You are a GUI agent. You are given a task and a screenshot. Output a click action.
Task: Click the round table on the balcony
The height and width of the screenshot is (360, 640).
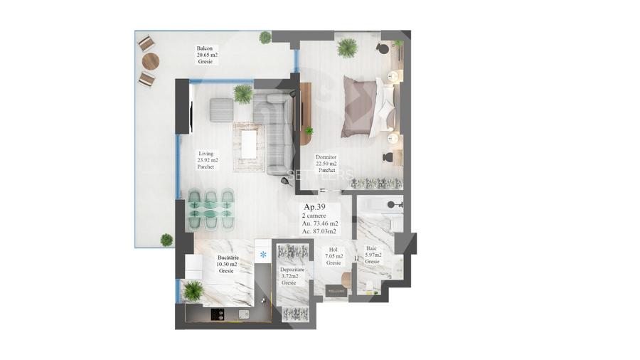(x=150, y=61)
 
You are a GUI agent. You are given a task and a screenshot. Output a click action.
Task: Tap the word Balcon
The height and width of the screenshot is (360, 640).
(x=205, y=49)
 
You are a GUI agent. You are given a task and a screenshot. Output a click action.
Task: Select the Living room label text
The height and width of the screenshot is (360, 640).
(x=206, y=153)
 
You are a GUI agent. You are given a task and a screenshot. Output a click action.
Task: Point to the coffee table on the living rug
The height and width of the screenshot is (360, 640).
(x=249, y=144)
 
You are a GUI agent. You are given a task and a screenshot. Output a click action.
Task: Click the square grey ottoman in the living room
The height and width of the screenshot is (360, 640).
(x=221, y=109)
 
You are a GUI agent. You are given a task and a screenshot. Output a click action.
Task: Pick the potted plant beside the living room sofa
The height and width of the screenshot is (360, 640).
(x=242, y=93)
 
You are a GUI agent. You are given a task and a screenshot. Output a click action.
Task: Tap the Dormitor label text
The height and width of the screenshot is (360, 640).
(x=327, y=157)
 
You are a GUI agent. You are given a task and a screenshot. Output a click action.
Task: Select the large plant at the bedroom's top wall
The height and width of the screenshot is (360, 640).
(x=347, y=48)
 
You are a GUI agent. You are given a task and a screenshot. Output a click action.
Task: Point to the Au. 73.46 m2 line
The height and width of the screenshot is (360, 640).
(x=320, y=223)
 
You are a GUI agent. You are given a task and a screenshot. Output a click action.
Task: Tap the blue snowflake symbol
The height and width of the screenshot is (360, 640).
(x=263, y=254)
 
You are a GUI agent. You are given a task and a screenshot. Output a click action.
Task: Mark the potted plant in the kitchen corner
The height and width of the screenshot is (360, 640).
(x=193, y=290)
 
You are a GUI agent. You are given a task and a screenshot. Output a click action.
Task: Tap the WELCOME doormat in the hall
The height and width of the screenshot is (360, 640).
(x=335, y=291)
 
